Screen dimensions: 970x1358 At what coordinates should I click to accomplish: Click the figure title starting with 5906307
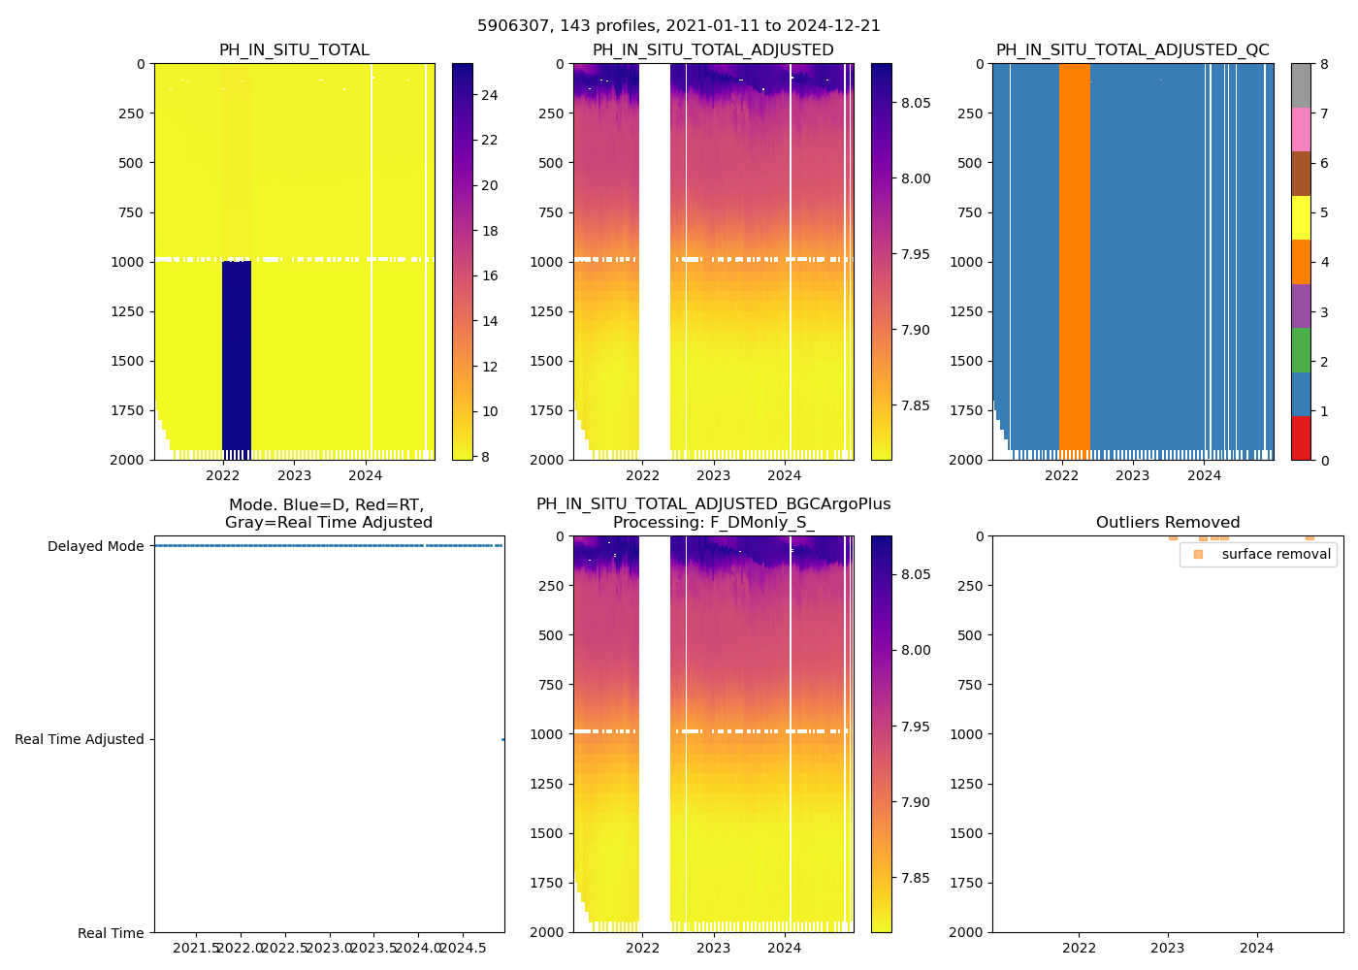click(679, 26)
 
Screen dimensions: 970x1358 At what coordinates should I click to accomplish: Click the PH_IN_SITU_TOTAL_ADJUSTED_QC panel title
click(1132, 50)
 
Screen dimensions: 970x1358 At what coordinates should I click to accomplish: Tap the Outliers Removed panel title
click(1167, 523)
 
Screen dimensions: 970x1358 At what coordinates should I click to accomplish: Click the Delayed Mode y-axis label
click(95, 546)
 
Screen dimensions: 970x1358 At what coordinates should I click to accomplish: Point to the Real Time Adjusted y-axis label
click(80, 739)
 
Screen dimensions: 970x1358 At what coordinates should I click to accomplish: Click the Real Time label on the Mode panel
click(111, 933)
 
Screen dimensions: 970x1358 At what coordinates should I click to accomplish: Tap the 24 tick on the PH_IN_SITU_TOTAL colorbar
click(489, 95)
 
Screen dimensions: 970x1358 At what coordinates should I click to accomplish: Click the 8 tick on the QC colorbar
click(1324, 64)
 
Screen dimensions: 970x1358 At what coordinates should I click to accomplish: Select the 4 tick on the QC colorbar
click(1324, 262)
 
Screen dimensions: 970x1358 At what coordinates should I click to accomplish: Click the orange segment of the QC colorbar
click(1301, 262)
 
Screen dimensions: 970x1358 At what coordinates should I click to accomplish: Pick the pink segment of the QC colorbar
click(1301, 130)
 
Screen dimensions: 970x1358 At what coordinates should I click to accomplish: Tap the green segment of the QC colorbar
click(1301, 349)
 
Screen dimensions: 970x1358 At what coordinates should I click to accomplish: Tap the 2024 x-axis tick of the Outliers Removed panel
click(1256, 948)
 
